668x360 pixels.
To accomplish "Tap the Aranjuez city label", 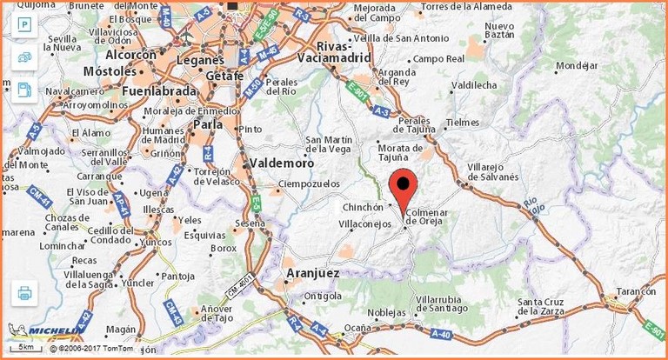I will [x=312, y=273].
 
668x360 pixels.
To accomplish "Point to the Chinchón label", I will [x=363, y=207].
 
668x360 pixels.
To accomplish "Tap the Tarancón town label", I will [x=633, y=291].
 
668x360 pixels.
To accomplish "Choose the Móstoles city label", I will [x=110, y=70].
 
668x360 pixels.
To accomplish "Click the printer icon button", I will [x=24, y=293].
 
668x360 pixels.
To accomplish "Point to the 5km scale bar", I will [x=27, y=347].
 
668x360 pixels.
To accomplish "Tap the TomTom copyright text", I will [x=91, y=348].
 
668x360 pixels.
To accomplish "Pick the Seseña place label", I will [x=250, y=223].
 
